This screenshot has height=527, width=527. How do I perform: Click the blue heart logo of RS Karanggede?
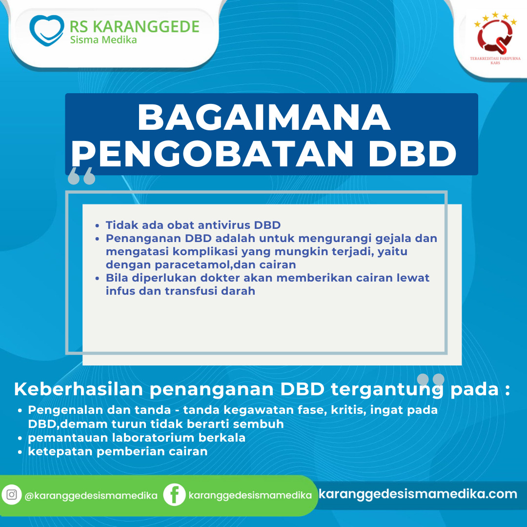click(x=47, y=30)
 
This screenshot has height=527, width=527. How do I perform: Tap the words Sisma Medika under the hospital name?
click(x=103, y=40)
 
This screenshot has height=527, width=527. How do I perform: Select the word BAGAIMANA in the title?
click(x=264, y=117)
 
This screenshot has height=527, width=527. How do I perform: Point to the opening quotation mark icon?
click(x=81, y=176)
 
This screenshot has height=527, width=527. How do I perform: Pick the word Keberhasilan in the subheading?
click(x=79, y=389)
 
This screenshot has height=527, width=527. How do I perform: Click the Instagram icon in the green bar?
click(x=12, y=495)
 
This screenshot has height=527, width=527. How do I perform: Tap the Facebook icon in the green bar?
click(x=174, y=495)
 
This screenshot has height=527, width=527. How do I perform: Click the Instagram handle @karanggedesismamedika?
click(x=91, y=495)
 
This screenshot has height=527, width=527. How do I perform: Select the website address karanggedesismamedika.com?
click(x=418, y=494)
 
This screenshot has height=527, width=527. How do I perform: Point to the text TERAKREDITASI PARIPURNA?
click(x=495, y=59)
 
